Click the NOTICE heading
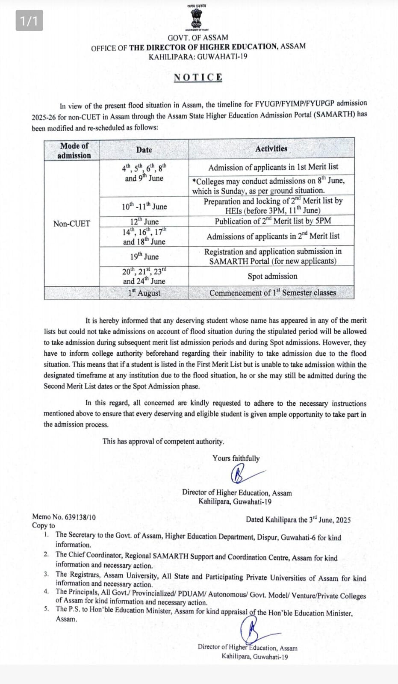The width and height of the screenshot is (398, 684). pos(198,77)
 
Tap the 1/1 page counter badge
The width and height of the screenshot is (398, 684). pos(29,21)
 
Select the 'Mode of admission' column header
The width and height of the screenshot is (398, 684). pos(74,150)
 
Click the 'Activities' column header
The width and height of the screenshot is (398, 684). pos(271,149)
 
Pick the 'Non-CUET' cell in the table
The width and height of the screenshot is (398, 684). pos(71,224)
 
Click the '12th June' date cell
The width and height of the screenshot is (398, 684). pos(144,221)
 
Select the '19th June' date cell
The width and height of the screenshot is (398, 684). pos(144,256)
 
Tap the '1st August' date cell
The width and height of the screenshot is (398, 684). pos(144,293)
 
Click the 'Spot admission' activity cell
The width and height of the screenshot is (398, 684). pos(272,276)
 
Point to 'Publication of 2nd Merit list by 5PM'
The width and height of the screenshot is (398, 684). pos(273,221)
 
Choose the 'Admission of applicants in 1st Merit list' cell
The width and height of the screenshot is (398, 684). pos(273,167)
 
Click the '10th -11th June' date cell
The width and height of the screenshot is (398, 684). pos(144,206)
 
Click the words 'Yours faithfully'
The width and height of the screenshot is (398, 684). pos(236,458)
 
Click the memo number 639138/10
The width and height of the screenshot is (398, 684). pos(80,517)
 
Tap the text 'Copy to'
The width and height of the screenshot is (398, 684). pos(44,526)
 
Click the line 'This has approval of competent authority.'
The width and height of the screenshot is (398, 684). pos(163,441)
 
